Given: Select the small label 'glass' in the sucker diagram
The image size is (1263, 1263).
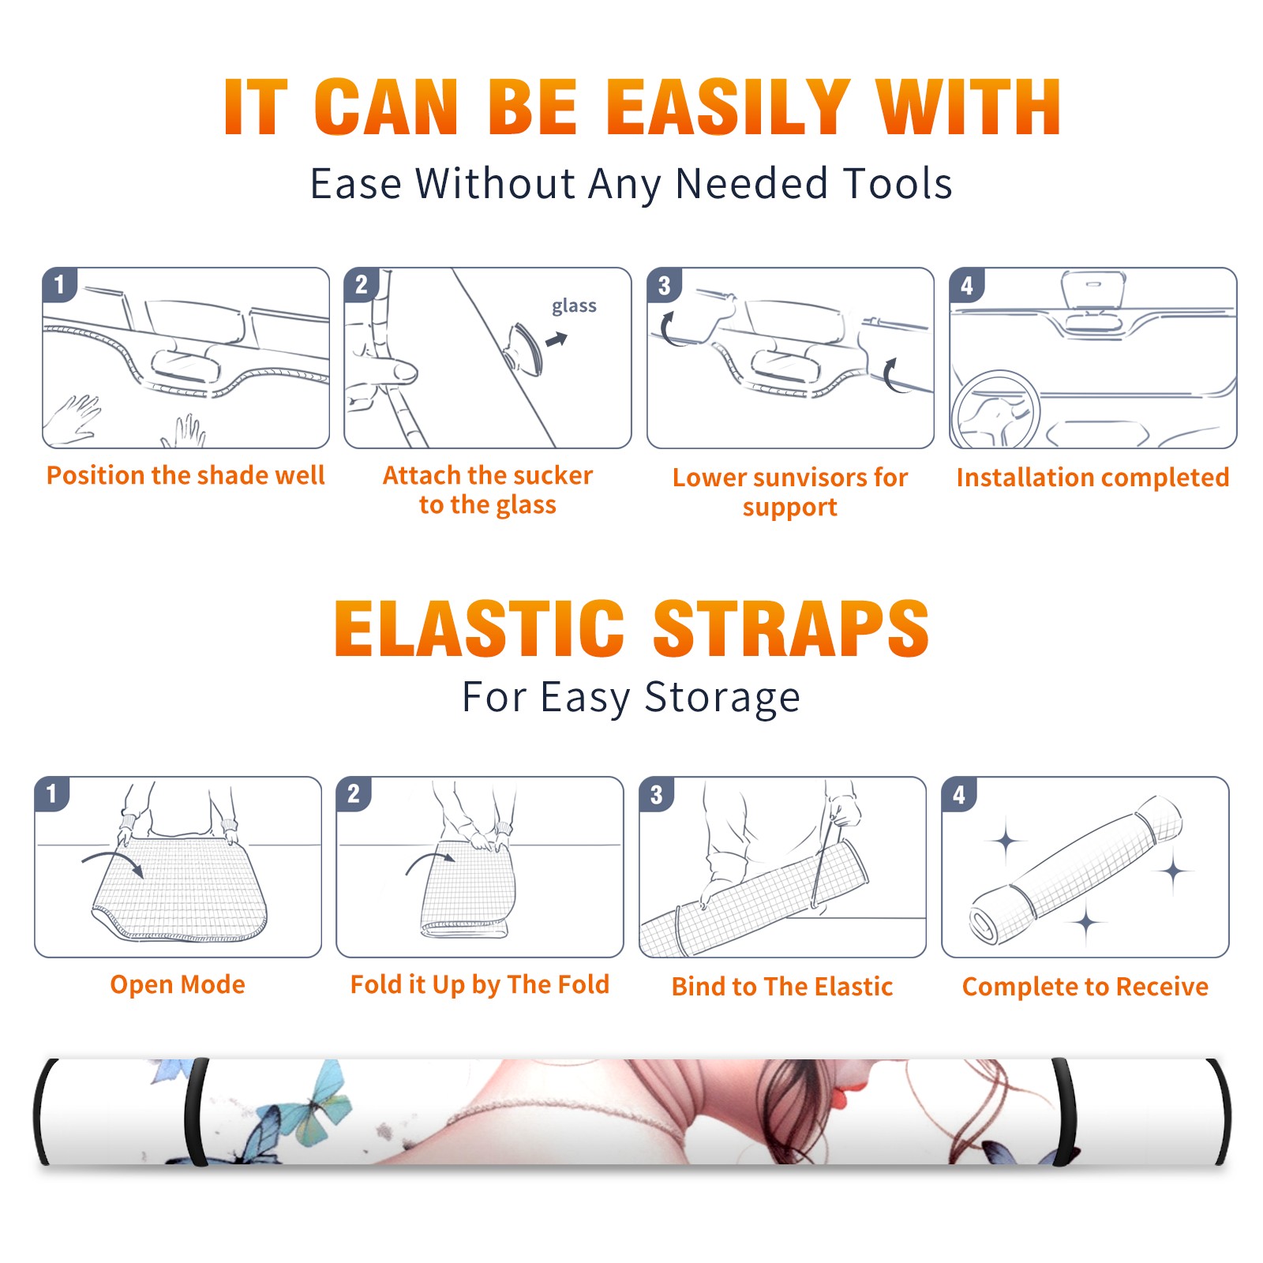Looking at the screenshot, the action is pos(574,306).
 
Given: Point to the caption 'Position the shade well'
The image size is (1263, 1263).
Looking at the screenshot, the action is pos(186,475).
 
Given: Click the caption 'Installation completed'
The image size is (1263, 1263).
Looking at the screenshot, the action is pos(1092,478).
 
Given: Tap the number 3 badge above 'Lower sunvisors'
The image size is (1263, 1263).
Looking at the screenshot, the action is pos(664,285).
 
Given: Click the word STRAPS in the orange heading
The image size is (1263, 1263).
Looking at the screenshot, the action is pos(791,628).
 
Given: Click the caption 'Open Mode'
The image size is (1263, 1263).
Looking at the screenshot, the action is pos(178,984).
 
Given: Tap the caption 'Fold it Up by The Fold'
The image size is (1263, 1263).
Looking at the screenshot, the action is pos(480,984).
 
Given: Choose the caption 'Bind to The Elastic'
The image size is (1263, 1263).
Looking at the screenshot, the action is pos(782,987).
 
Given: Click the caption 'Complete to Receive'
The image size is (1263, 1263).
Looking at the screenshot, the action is pos(1085,987).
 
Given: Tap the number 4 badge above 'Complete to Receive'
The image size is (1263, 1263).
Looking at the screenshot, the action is pos(959,794).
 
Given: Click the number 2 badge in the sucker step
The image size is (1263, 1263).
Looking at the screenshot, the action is pos(362,285).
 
